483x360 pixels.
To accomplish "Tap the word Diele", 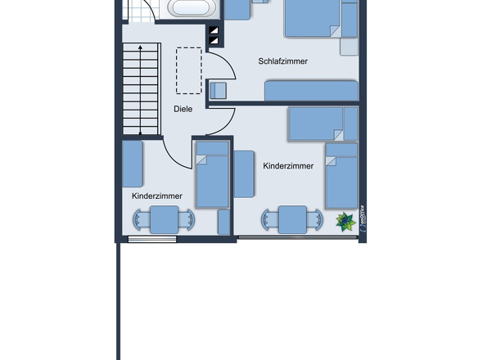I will pos(183,109).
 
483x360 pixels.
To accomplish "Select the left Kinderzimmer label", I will pos(156,196).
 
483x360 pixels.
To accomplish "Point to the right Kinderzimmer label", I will pos(288,166).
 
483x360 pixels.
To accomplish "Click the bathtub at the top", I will pos(193,9).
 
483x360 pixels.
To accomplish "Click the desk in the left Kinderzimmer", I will pos(165,220).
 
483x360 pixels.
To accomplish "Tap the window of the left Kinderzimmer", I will pos(152,239).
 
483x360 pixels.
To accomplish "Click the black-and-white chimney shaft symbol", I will pos(214,35).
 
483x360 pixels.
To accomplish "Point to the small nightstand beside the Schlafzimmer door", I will pos(218,90).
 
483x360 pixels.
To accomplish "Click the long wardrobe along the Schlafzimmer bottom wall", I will pos(311,90).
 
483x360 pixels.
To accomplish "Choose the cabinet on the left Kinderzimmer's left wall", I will pos(133,164).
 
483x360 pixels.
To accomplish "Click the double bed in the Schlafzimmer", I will pos(311,18).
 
